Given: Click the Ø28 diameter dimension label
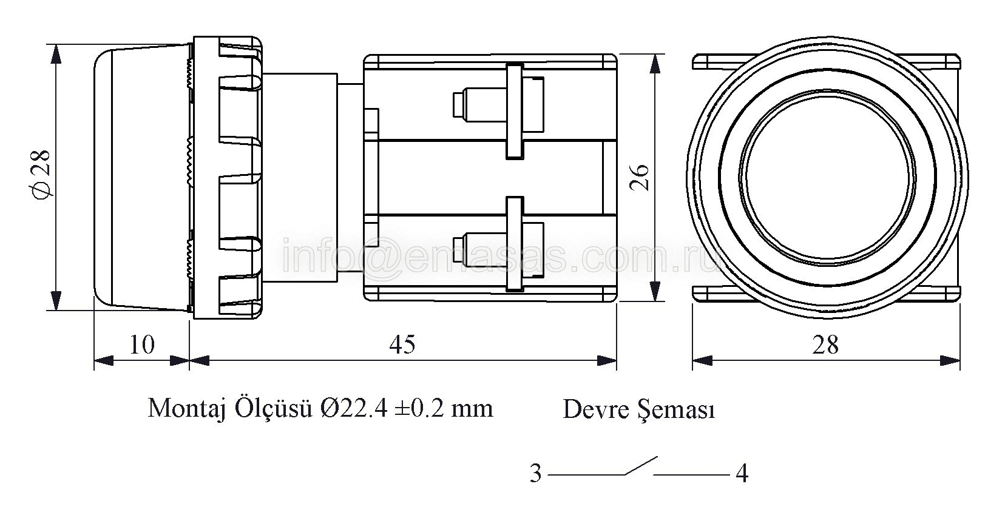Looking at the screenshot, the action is (41, 174).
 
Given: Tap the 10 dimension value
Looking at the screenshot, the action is (142, 345).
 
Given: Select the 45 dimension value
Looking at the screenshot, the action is (402, 345).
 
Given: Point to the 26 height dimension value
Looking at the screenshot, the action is (640, 178).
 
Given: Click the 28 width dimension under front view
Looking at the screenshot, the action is (825, 346).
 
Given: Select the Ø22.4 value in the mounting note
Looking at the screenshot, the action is (354, 409).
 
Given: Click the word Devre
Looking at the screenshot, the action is (597, 409).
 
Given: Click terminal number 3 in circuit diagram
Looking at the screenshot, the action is (536, 474).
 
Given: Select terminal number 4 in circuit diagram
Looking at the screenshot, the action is (742, 474).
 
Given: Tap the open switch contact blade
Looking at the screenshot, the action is (641, 466).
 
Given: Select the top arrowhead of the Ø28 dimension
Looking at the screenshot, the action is (56, 54).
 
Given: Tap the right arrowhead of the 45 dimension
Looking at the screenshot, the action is (606, 360).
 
